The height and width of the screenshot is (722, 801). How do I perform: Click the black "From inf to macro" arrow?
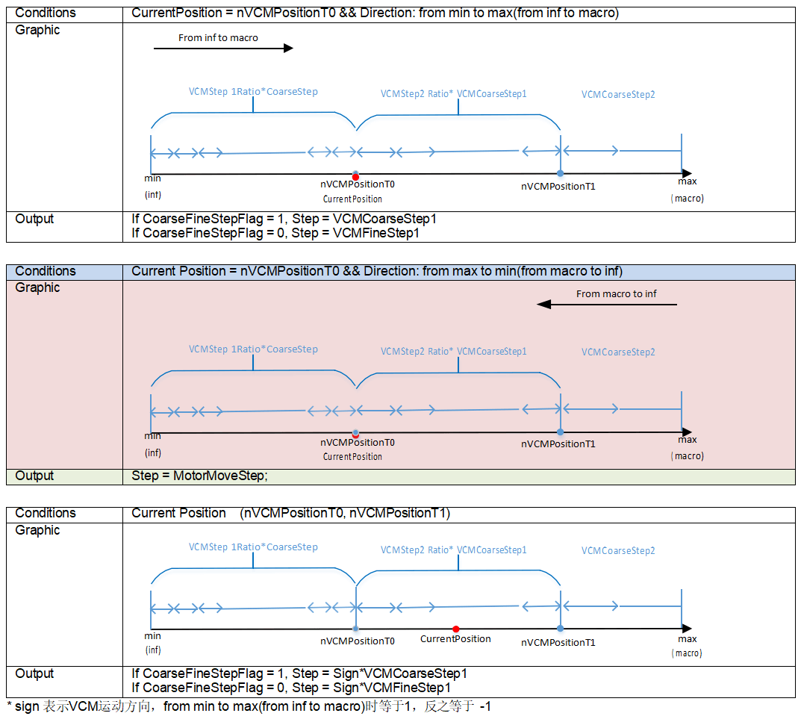(223, 49)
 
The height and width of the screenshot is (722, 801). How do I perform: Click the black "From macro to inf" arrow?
(606, 305)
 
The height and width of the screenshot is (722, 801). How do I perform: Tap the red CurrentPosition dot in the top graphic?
(355, 176)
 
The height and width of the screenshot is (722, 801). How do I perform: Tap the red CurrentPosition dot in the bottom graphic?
(455, 629)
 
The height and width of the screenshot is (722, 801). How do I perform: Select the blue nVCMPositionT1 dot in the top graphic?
(560, 173)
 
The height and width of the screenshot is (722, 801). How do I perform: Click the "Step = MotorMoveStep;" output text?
(199, 476)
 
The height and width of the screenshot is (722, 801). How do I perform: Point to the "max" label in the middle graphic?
(687, 439)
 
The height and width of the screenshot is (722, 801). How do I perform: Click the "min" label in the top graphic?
(152, 178)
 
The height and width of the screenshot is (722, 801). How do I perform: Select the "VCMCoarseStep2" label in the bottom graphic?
(618, 551)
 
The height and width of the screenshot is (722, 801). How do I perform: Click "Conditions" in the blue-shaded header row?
(46, 271)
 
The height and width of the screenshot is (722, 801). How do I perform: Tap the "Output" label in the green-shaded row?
(34, 476)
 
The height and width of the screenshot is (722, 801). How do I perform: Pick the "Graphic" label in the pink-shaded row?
(37, 287)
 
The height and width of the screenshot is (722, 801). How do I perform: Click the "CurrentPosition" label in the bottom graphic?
(455, 639)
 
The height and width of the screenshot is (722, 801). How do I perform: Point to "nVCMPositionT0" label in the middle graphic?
(358, 443)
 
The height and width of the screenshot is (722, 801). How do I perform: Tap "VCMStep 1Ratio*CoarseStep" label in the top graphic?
(253, 92)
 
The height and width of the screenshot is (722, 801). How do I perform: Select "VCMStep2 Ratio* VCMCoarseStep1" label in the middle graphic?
(453, 351)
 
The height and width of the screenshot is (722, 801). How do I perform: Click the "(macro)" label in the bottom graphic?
(687, 653)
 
